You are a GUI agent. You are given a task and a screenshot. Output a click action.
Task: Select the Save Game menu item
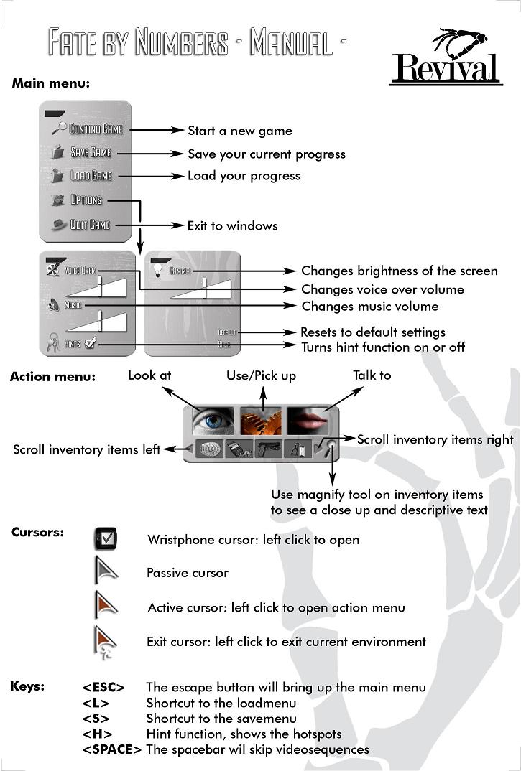pyautogui.click(x=90, y=152)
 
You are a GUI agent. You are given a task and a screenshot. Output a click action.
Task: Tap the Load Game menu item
pyautogui.click(x=90, y=176)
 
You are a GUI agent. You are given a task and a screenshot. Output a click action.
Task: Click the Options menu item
pyautogui.click(x=86, y=200)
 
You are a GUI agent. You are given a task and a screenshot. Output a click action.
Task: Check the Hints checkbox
pyautogui.click(x=90, y=344)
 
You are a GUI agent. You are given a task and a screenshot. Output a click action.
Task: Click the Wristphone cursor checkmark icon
pyautogui.click(x=105, y=538)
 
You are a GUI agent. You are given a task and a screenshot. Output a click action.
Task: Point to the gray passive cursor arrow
pyautogui.click(x=105, y=572)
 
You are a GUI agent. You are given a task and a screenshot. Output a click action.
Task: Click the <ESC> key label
pyautogui.click(x=103, y=688)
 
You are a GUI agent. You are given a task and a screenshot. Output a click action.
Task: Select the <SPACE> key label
pyautogui.click(x=111, y=749)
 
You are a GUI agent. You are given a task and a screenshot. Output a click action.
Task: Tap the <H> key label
pyautogui.click(x=96, y=734)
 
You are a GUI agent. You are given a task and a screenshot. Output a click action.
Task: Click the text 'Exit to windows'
pyautogui.click(x=232, y=225)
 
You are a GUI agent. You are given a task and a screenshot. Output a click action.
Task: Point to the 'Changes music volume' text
pyautogui.click(x=369, y=307)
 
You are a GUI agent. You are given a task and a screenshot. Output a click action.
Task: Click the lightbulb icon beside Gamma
pyautogui.click(x=157, y=269)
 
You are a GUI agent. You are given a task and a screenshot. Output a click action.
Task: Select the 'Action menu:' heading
pyautogui.click(x=52, y=376)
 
